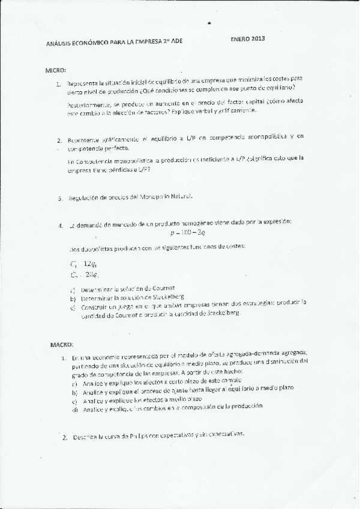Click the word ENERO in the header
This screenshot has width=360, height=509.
[241, 39]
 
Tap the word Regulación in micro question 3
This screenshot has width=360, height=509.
[85, 196]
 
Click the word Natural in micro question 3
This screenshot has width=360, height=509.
[181, 196]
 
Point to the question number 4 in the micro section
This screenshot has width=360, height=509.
[61, 225]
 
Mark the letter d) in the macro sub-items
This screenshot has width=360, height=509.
[74, 409]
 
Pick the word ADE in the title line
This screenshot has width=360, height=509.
[176, 42]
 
